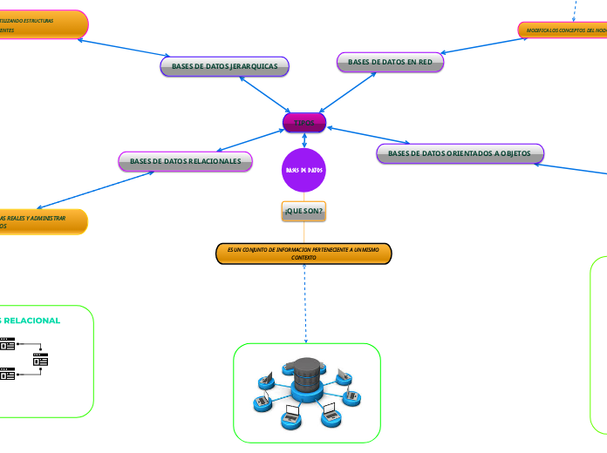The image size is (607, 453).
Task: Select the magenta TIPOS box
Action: click(x=304, y=123)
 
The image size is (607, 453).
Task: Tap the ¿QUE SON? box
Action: click(x=303, y=211)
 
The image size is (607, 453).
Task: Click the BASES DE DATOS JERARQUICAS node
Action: click(x=224, y=66)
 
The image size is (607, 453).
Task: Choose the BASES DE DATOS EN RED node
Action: click(x=390, y=62)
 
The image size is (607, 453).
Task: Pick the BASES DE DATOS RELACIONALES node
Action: click(x=185, y=161)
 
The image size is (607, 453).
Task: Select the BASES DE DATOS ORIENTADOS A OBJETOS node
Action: click(x=460, y=153)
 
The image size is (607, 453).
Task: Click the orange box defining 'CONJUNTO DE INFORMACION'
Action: click(x=303, y=253)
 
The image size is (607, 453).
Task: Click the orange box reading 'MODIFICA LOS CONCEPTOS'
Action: click(x=563, y=30)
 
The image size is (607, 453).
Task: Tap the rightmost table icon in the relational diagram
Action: click(x=40, y=359)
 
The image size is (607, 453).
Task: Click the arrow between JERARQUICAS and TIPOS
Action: click(x=263, y=95)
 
